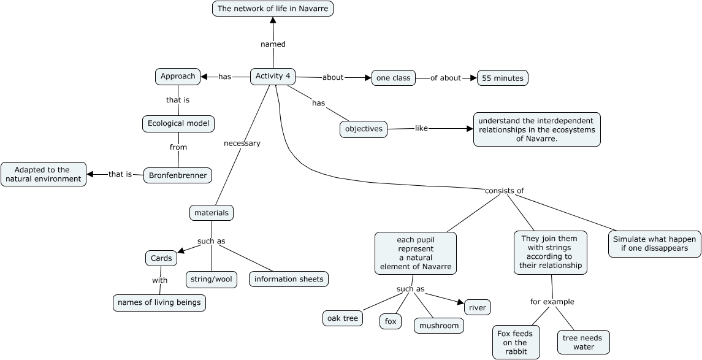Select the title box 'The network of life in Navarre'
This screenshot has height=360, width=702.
pos(273,9)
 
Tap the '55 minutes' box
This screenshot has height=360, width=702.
pos(503,78)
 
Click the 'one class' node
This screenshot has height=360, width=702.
pos(394,78)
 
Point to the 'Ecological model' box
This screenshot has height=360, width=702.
pos(178,124)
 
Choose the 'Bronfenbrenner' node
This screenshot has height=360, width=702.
pos(178,175)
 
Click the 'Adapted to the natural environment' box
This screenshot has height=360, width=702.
pos(44,174)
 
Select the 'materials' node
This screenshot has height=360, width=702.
pos(212,213)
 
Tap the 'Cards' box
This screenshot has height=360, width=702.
pos(161,258)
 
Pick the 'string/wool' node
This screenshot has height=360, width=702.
pos(212,280)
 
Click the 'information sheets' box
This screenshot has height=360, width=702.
pos(289,280)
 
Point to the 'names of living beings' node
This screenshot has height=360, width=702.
pos(159,303)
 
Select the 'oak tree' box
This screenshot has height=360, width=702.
pos(343,318)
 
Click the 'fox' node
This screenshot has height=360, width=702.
pos(391,321)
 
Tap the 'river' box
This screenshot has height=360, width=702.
pos(477,307)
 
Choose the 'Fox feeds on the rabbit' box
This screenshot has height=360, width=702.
pos(516,343)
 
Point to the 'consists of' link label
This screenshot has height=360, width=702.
pos(504,191)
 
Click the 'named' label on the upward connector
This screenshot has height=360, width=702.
pos(273,44)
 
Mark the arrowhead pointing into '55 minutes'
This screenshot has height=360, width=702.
pos(474,78)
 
